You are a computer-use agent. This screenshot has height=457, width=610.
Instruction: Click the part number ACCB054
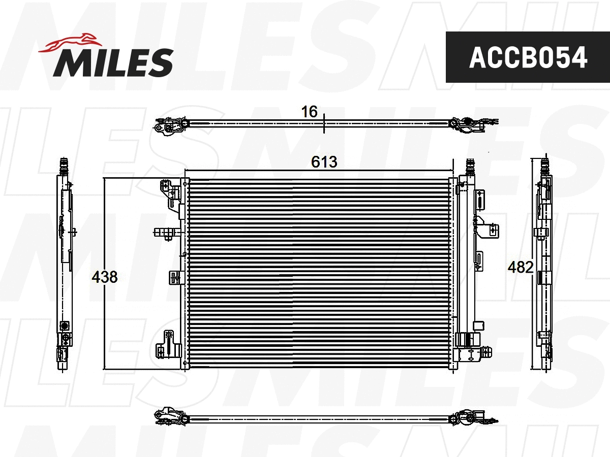point(528,57)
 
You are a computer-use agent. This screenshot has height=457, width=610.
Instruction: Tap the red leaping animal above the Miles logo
point(70,43)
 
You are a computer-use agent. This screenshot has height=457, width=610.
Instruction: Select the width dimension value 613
point(324,162)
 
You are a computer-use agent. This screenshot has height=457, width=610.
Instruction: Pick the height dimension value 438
point(105,277)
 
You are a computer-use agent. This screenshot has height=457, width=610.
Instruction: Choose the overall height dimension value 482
point(521,267)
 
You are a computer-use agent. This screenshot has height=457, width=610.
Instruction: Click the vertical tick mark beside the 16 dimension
point(323,123)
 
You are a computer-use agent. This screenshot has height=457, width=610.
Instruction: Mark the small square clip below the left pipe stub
point(175,277)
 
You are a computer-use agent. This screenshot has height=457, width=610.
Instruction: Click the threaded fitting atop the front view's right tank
point(470,166)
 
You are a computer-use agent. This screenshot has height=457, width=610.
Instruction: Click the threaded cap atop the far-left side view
point(64,165)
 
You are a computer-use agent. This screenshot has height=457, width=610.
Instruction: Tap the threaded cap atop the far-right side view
point(545,166)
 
